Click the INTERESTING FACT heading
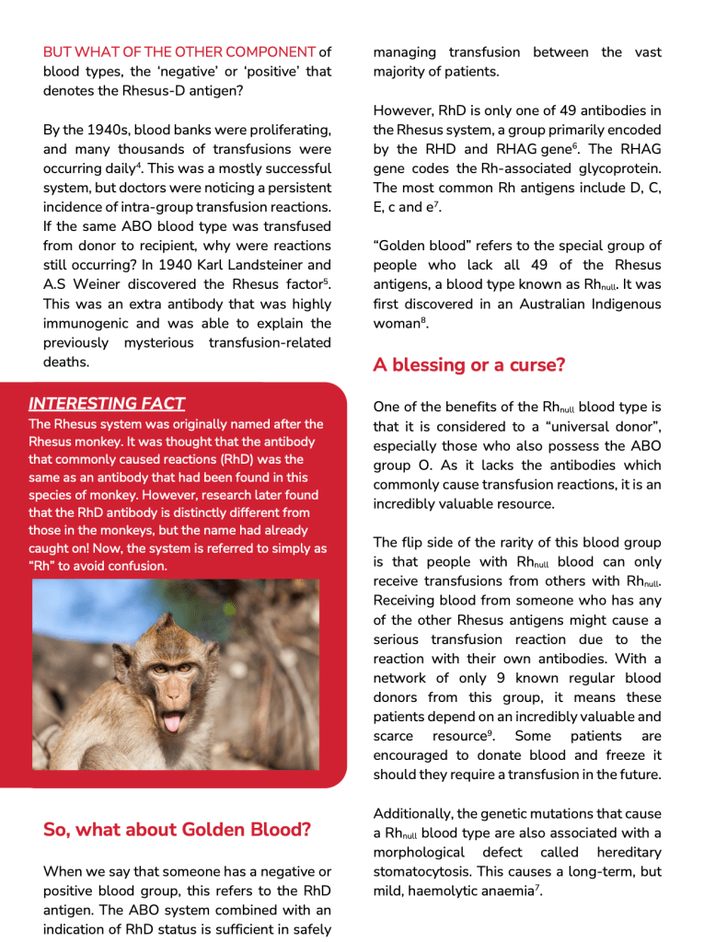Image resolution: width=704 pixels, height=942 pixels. [107, 403]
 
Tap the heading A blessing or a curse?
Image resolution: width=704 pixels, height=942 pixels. [468, 365]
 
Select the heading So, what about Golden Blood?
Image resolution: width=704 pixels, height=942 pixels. [177, 830]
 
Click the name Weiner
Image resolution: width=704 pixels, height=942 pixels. [106, 284]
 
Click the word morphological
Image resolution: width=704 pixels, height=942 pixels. [423, 853]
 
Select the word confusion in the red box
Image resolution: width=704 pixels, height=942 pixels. [137, 566]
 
